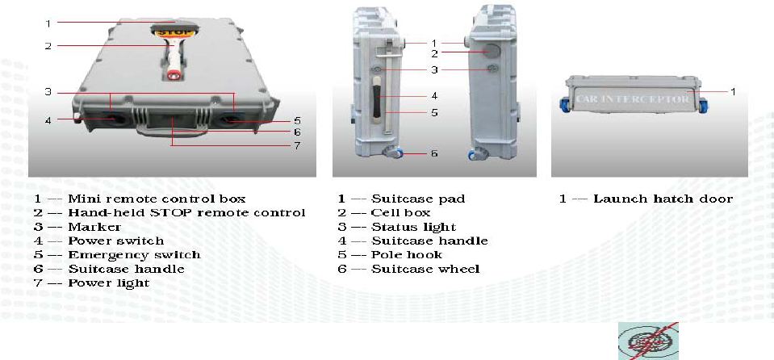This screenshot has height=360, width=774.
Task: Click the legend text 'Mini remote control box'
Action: [157, 199]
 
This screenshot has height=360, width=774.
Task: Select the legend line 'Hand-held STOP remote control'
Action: [186, 212]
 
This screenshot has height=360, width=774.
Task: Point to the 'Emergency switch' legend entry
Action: [134, 254]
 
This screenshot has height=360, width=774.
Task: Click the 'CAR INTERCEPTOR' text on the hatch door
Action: [634, 99]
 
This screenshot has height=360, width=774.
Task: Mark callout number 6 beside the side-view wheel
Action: [433, 153]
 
